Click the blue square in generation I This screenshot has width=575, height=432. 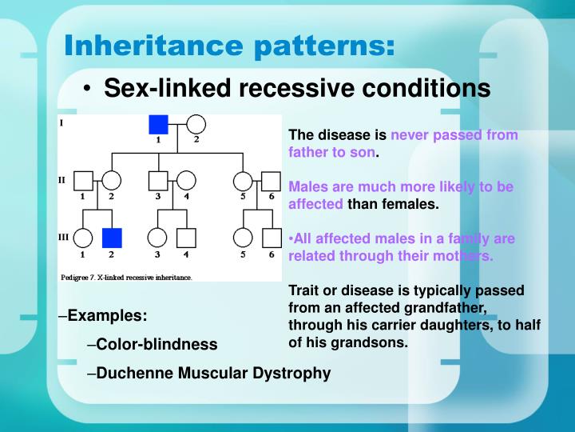158,124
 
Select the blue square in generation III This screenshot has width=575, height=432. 112,238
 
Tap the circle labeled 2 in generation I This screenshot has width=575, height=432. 196,124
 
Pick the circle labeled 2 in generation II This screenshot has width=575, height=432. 112,181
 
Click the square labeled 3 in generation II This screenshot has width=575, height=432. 158,181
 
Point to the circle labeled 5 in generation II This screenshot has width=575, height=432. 243,181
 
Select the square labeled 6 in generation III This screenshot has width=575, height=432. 272,238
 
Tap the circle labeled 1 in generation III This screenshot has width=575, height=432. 83,238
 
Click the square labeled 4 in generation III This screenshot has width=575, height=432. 186,238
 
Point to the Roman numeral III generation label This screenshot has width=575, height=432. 63,237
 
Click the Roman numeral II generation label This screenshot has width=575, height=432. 61,180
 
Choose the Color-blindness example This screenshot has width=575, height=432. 157,344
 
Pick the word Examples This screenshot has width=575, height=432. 107,316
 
